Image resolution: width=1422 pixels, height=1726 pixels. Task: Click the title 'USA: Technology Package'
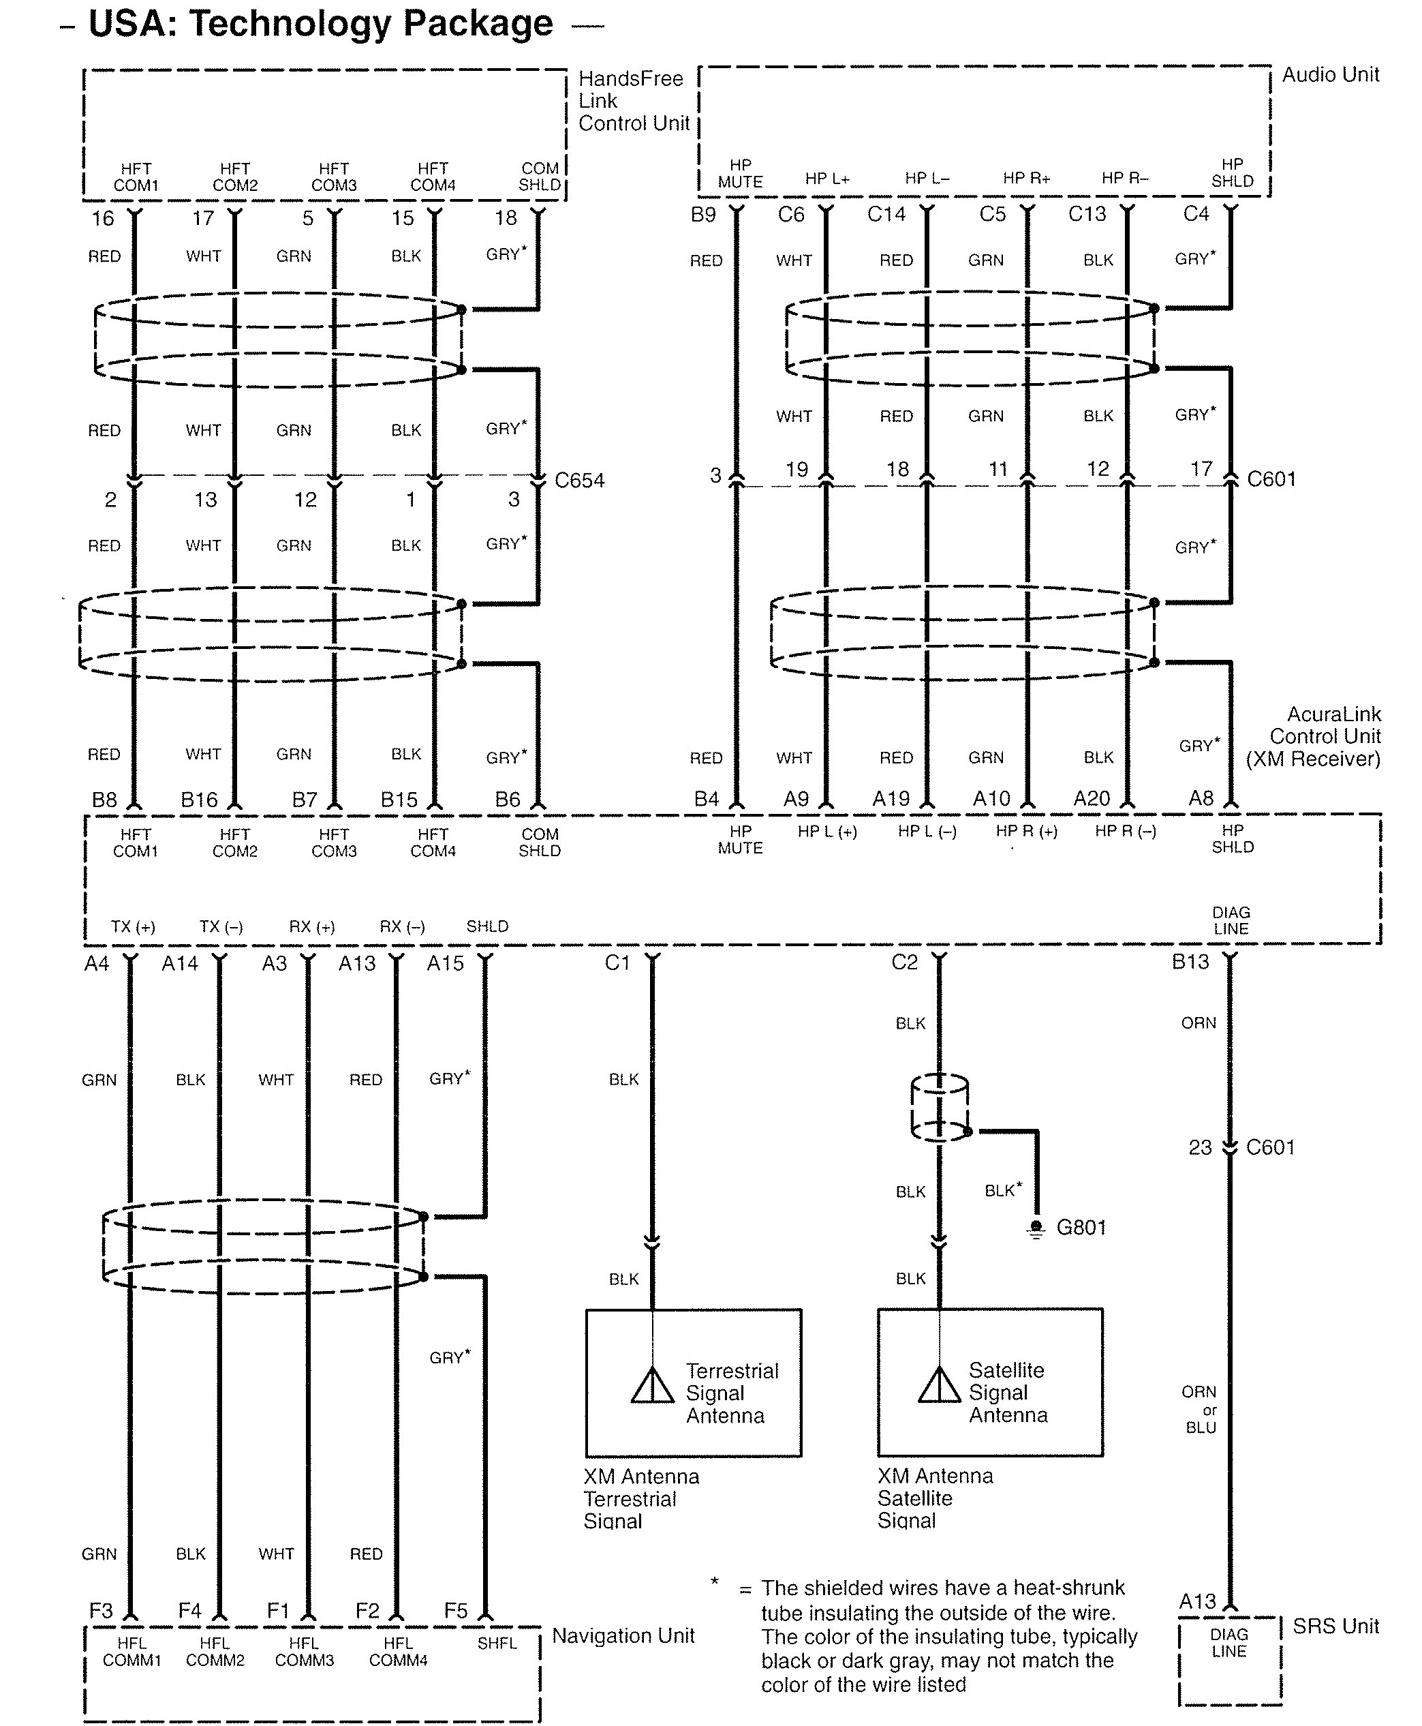[x=320, y=24]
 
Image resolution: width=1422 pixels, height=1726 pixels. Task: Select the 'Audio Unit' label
[x=1329, y=74]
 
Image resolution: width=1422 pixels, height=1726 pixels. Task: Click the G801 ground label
[x=1081, y=1227]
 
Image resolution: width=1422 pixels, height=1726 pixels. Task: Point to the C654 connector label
[x=579, y=481]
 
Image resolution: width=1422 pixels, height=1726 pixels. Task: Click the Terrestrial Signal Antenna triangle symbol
[x=652, y=1385]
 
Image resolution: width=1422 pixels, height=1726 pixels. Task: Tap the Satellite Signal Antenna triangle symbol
[x=939, y=1384]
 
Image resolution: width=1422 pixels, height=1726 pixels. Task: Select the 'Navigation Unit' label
[x=623, y=1636]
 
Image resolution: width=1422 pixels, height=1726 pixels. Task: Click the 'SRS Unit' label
[x=1335, y=1626]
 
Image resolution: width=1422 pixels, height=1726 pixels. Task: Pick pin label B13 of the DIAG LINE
[x=1190, y=961]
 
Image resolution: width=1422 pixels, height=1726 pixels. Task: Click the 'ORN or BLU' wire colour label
[x=1199, y=1409]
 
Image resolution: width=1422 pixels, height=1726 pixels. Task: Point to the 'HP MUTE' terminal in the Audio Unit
[x=740, y=174]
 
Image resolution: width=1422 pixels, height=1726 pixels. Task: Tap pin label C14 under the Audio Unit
[x=886, y=215]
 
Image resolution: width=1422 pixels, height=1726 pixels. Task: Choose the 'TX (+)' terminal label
[x=133, y=927]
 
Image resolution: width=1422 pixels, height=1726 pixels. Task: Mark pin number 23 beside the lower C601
[x=1199, y=1147]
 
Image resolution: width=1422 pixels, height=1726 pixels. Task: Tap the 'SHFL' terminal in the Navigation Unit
[x=497, y=1644]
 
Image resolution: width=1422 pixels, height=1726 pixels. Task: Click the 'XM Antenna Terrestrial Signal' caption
[x=640, y=1499]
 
